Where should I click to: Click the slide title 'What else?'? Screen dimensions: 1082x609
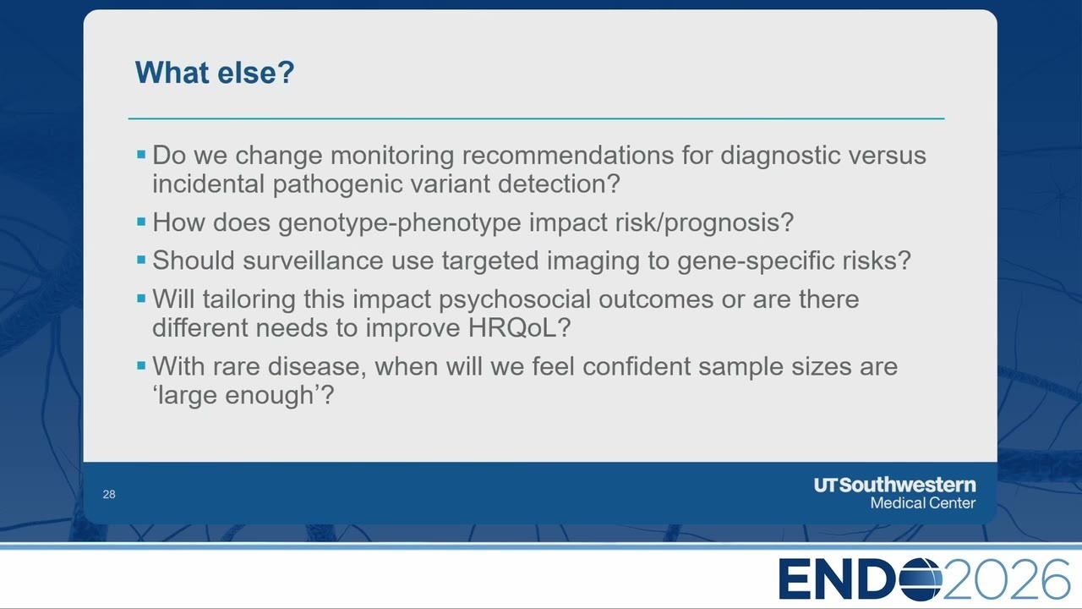215,73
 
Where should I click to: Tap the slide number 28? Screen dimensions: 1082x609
109,495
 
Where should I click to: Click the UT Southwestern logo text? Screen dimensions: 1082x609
894,485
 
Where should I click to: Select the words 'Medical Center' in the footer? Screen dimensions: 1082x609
922,503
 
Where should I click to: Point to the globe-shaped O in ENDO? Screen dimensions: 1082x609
921,579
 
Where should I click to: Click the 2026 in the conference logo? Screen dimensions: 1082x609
1006,579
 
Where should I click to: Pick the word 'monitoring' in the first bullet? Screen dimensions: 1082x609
392,156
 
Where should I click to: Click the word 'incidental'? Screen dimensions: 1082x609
209,184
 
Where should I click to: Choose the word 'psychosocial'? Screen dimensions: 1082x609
515,299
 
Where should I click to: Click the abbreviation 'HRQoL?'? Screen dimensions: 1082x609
519,328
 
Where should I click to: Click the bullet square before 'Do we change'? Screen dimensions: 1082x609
141,155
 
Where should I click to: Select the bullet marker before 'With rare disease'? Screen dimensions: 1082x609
141,366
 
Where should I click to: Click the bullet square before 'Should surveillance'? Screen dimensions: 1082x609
141,260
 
